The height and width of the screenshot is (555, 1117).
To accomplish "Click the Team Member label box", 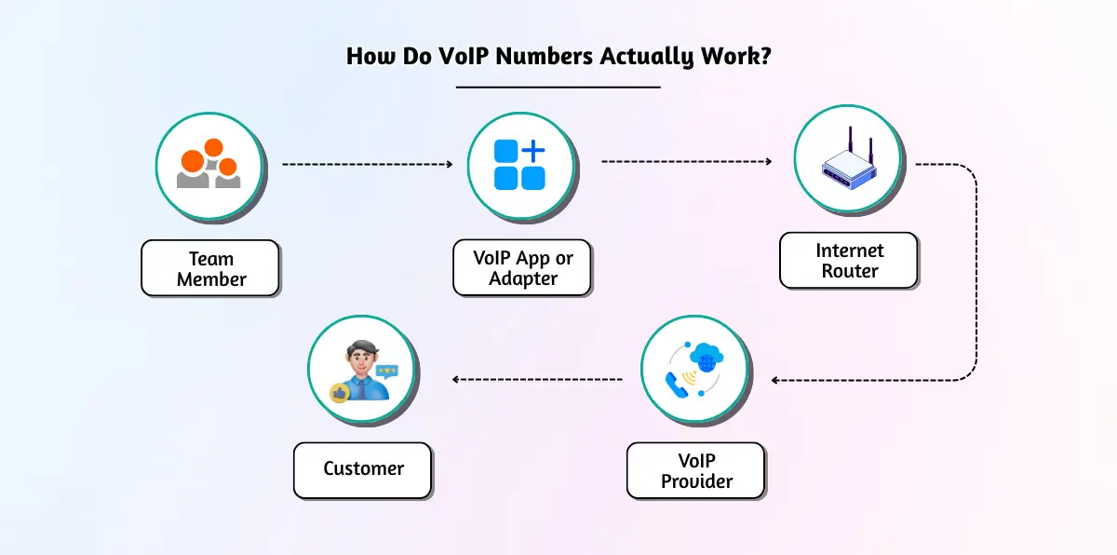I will pos(210,268).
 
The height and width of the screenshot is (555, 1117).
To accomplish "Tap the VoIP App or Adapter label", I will pos(522,268).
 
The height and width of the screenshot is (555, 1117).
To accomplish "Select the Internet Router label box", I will pos(849,261).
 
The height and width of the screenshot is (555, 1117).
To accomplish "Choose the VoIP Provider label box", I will pos(695,471).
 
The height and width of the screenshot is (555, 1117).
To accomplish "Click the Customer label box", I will pos(363,469).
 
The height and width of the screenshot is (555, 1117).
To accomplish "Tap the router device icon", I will pos(848,164).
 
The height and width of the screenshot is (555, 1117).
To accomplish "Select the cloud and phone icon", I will pos(695,370).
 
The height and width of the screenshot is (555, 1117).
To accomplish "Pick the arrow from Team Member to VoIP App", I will pos(367,164).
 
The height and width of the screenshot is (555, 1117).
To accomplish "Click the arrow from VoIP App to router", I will pos(686,161).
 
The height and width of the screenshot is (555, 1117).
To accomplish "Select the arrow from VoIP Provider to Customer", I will pos(537,379).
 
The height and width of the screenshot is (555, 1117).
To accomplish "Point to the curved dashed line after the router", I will pos(975,270).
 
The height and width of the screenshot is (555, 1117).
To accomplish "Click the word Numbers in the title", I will pos(540,56).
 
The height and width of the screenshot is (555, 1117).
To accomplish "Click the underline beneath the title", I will pos(558,87).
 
